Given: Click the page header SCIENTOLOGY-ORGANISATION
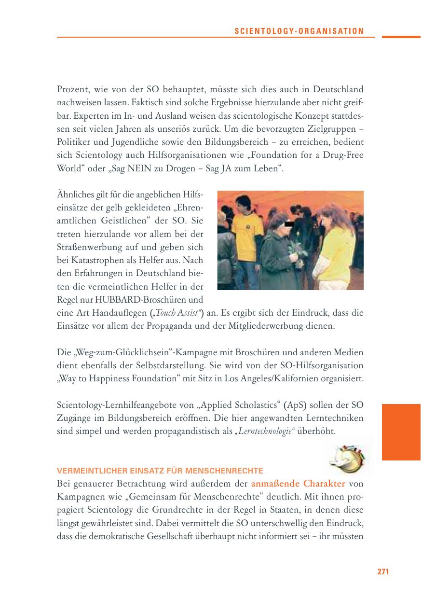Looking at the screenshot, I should tap(299, 31).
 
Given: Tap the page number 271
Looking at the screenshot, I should tap(383, 571).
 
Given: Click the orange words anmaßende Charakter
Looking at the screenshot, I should tap(298, 483).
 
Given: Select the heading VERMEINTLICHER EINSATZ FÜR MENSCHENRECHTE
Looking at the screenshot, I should tap(160, 470).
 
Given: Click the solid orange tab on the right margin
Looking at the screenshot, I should tap(401, 432).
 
